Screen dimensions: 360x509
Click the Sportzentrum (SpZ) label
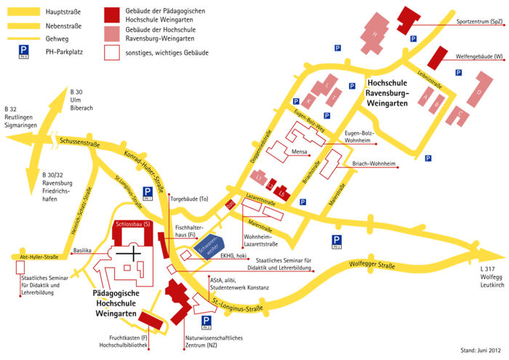[x=478, y=22]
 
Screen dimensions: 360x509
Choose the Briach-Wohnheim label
[x=374, y=164]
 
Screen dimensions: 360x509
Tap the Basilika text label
[x=82, y=251]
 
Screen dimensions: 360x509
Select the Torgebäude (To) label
[x=189, y=198]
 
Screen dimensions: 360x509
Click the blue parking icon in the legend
[x=24, y=50]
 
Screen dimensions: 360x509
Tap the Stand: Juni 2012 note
[x=483, y=350]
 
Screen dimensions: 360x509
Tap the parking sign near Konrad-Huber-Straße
[x=148, y=192]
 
